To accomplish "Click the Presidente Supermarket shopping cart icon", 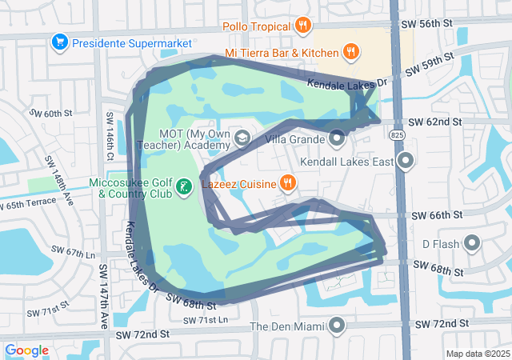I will tap(58, 41).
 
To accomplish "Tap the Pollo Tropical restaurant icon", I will tap(302, 25).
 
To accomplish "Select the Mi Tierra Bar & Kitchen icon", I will tap(350, 53).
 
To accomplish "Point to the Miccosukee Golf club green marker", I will tap(183, 187).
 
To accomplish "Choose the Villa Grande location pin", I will tap(337, 139).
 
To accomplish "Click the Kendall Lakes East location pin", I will tap(406, 162).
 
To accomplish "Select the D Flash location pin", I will tap(472, 243).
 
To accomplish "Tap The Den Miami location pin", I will tap(337, 326).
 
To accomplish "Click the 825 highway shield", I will tap(398, 136).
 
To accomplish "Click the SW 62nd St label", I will tap(435, 122).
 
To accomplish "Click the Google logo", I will tap(26, 350).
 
